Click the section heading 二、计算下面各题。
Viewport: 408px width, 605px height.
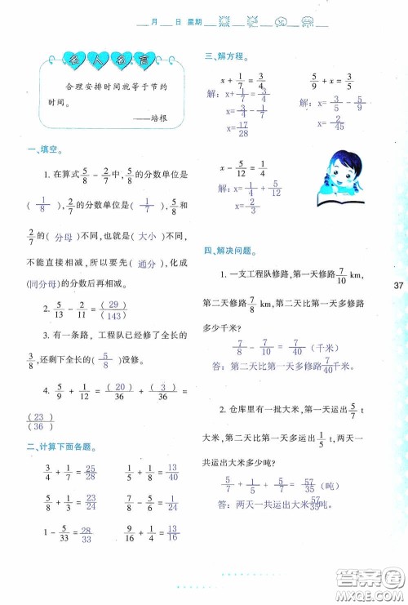[x=60, y=447]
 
